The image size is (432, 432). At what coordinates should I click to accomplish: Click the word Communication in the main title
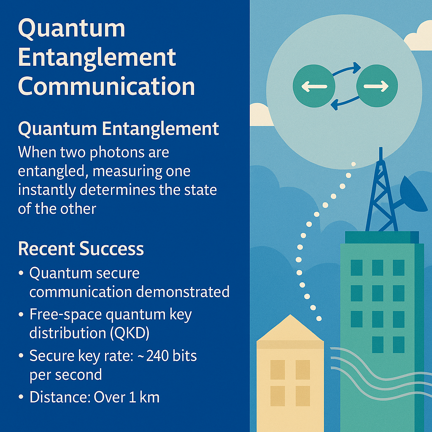(x=106, y=86)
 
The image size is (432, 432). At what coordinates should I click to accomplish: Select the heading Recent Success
(x=81, y=248)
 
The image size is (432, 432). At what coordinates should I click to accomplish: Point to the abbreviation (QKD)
(x=130, y=333)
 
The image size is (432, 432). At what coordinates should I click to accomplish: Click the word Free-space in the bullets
(x=65, y=315)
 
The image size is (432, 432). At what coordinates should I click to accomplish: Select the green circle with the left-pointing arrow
(x=314, y=86)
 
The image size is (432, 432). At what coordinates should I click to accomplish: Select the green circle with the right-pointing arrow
(x=377, y=86)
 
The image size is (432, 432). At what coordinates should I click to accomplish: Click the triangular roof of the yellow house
(x=290, y=328)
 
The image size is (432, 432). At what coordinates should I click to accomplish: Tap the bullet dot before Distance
(x=21, y=397)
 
